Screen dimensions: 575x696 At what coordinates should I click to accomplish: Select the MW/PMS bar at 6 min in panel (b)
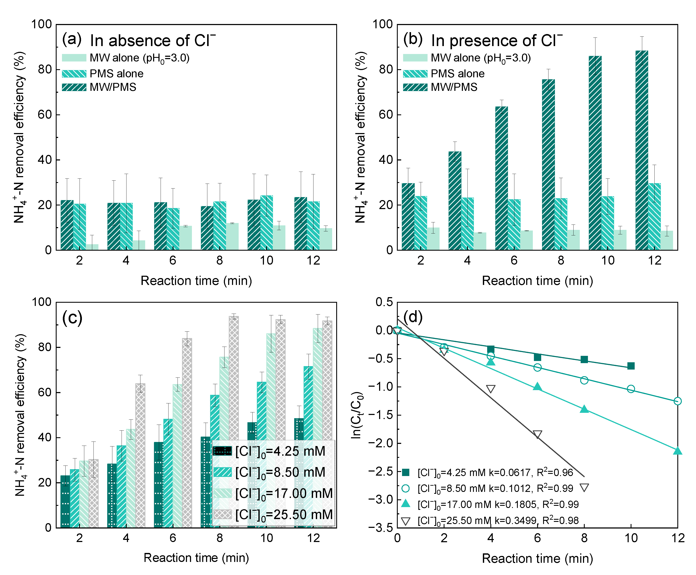502,179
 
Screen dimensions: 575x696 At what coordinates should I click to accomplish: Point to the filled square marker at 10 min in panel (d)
631,366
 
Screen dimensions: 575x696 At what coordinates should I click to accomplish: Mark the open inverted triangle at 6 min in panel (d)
538,434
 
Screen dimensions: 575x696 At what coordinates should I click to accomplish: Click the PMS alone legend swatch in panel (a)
74,73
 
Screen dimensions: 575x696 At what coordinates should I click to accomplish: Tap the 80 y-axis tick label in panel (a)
45,70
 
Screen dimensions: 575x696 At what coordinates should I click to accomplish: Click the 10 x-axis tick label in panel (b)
608,261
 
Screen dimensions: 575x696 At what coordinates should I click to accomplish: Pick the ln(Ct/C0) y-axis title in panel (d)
357,415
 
